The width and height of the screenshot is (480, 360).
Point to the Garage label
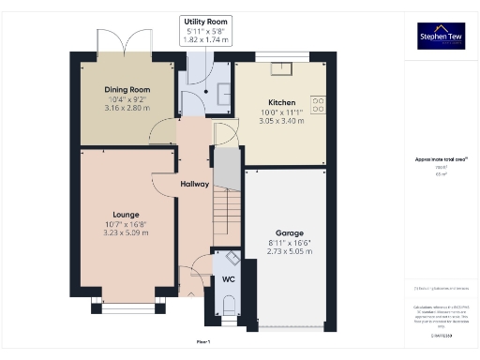click(x=289, y=232)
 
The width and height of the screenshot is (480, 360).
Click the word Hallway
click(x=194, y=183)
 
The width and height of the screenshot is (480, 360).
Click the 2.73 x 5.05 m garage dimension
click(x=289, y=251)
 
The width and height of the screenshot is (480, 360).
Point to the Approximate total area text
click(x=441, y=160)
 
